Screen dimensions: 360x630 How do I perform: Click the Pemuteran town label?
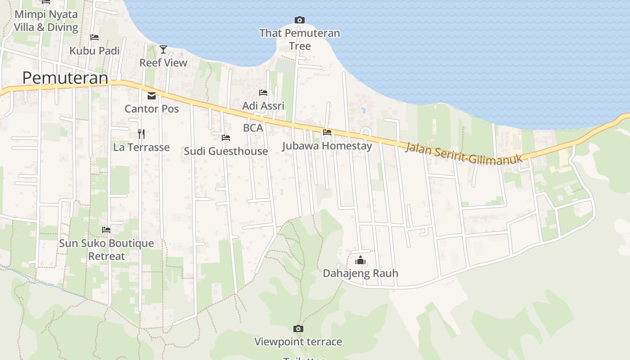point(65,78)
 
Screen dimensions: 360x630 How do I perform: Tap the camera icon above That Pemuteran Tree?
point(300,20)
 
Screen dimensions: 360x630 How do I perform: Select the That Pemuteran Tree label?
point(300,40)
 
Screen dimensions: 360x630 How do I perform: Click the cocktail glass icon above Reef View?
point(163,49)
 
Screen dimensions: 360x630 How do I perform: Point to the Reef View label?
point(163,63)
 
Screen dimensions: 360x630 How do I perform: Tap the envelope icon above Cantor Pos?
point(152,95)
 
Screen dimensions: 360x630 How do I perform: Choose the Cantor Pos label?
point(152,109)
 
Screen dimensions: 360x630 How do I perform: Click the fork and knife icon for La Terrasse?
point(141,134)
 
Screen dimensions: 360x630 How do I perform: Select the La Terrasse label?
point(141,147)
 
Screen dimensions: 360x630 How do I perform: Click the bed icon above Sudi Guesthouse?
point(226,137)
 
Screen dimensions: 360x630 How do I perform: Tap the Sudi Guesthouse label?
point(226,151)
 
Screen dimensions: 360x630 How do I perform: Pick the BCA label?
point(253,128)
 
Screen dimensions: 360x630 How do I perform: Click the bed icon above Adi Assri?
point(263,93)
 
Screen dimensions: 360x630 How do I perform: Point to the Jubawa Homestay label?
point(327,146)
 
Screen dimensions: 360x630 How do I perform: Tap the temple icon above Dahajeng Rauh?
point(360,260)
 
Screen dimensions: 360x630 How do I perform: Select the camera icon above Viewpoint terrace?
point(298,329)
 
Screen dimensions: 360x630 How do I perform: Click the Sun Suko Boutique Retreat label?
point(107,250)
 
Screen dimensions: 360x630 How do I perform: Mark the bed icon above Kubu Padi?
point(94,37)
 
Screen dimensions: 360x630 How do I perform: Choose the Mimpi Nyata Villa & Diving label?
point(46,21)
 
